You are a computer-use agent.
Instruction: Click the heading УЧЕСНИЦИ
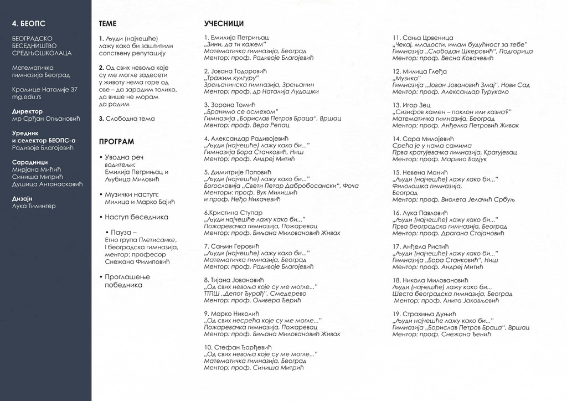[224, 24]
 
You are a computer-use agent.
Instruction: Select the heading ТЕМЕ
[107, 24]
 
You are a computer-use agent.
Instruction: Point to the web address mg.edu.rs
[27, 96]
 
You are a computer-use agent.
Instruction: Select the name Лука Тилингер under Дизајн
[34, 206]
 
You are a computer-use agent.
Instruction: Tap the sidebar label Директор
[27, 111]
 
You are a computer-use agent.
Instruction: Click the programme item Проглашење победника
[127, 280]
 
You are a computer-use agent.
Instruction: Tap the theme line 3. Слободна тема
[127, 119]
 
